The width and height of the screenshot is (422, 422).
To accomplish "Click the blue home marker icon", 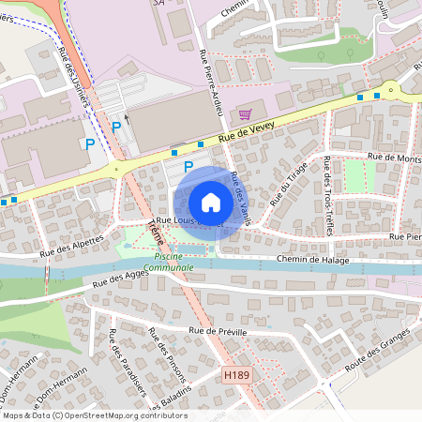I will [211, 202].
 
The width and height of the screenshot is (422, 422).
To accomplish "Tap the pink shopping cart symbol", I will [246, 114].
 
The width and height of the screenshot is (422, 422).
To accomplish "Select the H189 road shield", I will [237, 374].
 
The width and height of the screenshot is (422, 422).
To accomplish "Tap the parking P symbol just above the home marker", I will [188, 167].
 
